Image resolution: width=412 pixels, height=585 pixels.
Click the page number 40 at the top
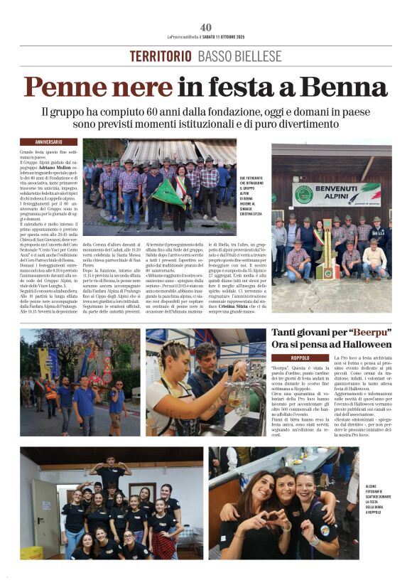coord(206,27)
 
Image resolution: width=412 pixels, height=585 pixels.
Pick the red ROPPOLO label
coord(291,358)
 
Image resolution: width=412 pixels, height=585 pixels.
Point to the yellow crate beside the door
coord(31,552)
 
